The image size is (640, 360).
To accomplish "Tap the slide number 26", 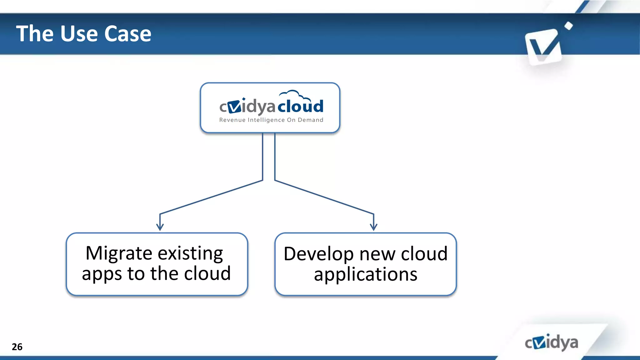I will tap(17, 347).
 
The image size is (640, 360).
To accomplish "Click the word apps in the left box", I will tap(102, 274).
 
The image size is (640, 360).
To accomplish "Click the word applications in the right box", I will tap(365, 274).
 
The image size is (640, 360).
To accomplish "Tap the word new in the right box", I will tap(377, 254).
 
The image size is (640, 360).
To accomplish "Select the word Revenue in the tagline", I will tap(232, 120).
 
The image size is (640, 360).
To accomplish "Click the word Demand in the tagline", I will tap(310, 120).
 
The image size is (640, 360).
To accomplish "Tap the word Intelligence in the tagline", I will tap(266, 120).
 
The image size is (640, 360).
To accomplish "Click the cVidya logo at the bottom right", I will tap(551, 342).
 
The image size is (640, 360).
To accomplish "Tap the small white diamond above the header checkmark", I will tap(569, 26).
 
